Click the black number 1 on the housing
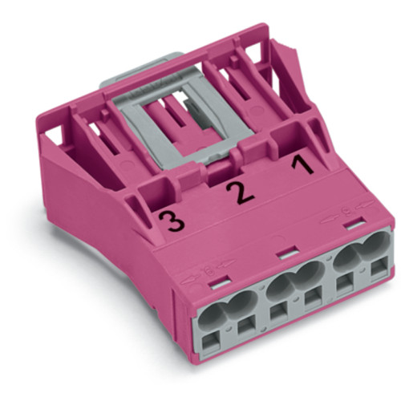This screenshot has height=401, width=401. (x=301, y=166)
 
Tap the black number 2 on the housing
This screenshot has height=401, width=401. (x=235, y=192)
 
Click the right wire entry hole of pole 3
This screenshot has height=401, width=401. (x=243, y=304)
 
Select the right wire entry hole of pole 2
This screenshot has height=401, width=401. (x=309, y=280)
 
